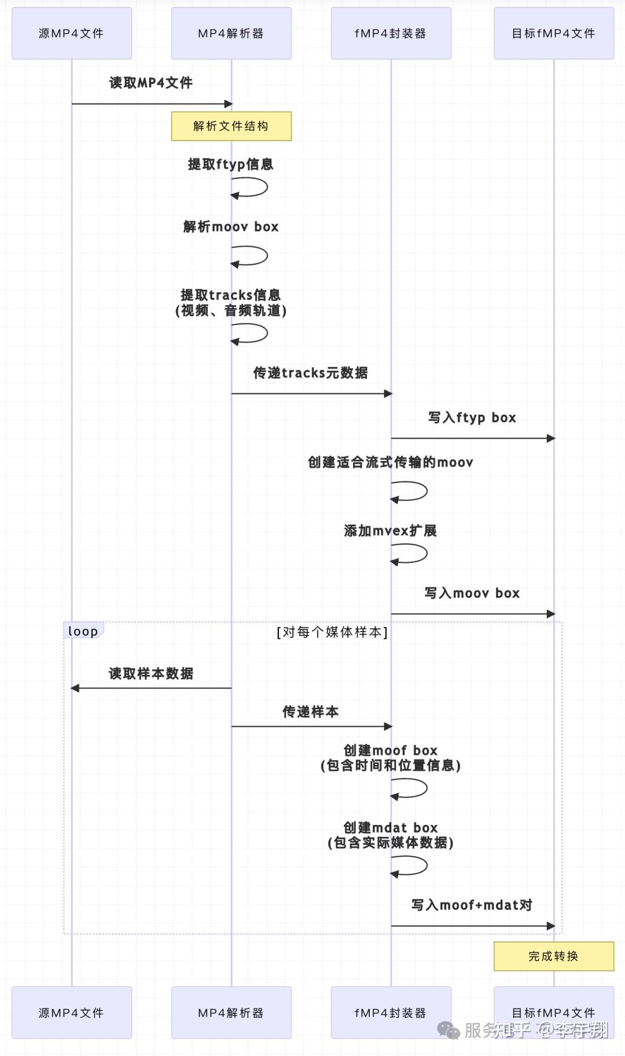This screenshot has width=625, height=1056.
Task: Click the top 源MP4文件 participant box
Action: coord(72,34)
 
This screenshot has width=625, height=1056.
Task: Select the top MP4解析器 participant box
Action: coord(231,34)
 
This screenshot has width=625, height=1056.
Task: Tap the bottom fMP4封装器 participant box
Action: coord(391,1013)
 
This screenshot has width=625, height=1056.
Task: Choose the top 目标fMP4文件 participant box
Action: coord(553,34)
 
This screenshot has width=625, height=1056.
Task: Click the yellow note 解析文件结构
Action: coord(231,126)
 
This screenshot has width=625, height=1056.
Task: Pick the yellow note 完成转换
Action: coord(553,956)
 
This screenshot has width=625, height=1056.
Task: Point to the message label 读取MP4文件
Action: coord(151,83)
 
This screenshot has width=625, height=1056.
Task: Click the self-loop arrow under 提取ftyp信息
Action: coord(255,187)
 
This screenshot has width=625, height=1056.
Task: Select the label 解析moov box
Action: coord(231,227)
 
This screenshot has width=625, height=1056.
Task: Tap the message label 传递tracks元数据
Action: coord(311,373)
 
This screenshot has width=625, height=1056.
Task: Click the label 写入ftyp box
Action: coord(472,418)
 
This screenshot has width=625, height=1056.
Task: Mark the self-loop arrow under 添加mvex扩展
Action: coord(414,554)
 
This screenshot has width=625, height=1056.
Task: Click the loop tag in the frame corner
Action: coord(83,631)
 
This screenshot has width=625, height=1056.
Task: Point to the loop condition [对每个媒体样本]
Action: coord(332,632)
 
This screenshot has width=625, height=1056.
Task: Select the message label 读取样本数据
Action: coord(151,674)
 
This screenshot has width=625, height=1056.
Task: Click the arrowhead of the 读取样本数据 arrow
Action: coord(75,688)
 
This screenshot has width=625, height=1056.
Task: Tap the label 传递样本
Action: coord(311,712)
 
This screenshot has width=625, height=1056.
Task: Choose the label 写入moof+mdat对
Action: coord(472,905)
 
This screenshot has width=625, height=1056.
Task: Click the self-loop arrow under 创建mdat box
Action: coord(414,866)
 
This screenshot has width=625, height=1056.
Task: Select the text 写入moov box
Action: coord(472,593)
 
